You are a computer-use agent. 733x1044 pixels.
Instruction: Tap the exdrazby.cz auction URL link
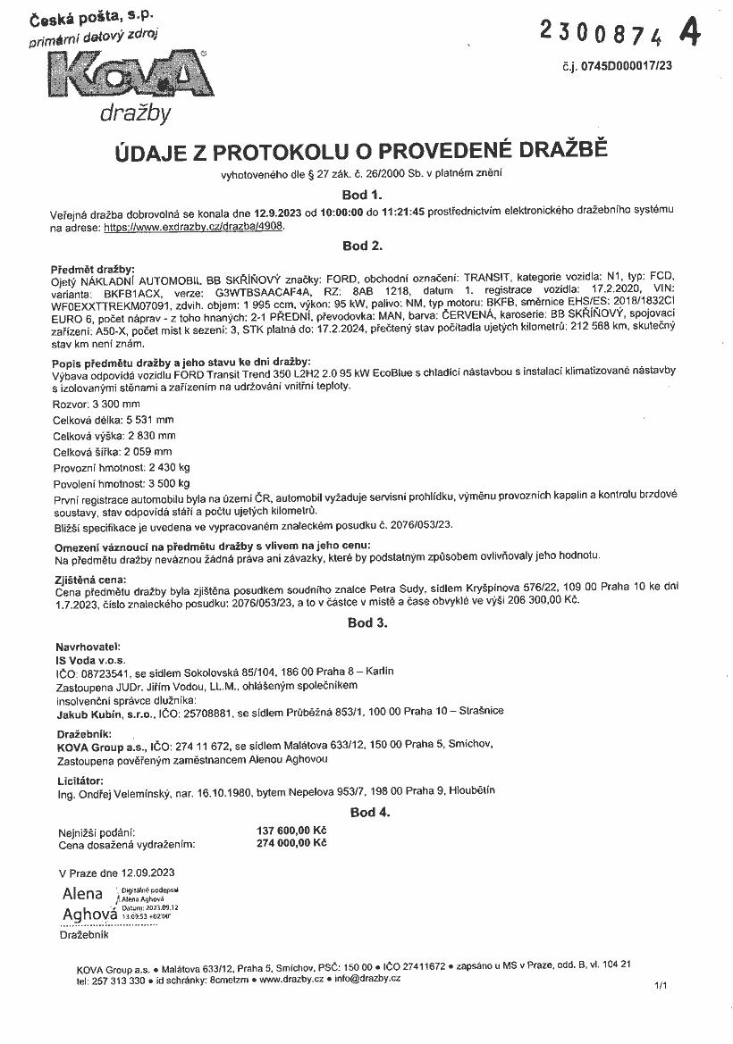coord(198,228)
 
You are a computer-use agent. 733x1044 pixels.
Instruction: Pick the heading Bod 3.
coord(366,622)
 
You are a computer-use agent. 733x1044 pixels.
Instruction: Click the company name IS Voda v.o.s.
coord(91,658)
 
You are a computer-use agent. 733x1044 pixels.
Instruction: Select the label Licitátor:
coord(80,781)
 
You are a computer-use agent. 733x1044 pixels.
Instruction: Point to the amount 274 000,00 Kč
coord(291,842)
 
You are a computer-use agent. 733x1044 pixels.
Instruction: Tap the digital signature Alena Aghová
coord(89,904)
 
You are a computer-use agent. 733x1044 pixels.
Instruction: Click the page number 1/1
coord(661,986)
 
